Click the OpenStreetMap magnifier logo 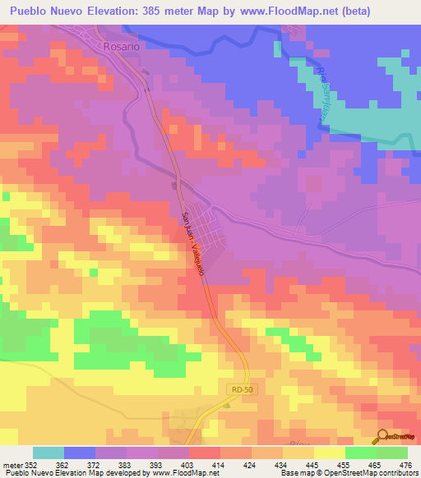click(x=383, y=435)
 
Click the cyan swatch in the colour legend click(x=49, y=453)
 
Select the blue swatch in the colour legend click(x=80, y=453)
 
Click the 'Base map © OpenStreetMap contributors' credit click(x=348, y=473)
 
